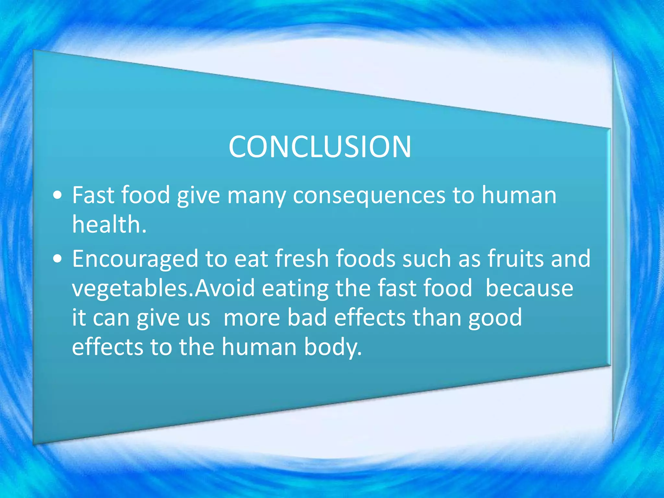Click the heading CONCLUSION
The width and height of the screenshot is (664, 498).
click(x=320, y=147)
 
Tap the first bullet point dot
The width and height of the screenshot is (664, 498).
click(x=58, y=196)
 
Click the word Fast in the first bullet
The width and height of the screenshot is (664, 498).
click(x=93, y=195)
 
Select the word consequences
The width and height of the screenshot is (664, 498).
click(x=369, y=196)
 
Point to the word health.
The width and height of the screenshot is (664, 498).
click(x=109, y=224)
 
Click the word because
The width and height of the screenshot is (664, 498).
click(x=529, y=288)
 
